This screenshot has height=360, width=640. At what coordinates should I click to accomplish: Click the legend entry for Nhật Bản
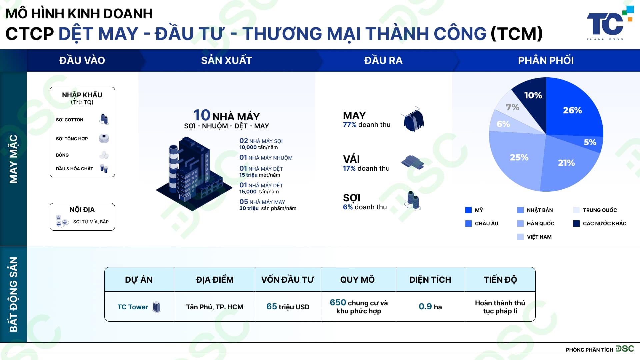(535, 210)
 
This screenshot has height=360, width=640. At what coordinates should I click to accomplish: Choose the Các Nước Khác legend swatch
(576, 223)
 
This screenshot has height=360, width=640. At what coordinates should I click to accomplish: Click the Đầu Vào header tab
(82, 60)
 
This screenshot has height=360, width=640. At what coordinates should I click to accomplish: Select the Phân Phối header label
(546, 60)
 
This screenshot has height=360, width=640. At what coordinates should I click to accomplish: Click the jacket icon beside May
(413, 119)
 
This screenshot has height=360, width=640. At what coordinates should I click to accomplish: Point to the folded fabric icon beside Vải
(413, 162)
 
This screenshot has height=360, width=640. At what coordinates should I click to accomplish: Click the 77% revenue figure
(350, 125)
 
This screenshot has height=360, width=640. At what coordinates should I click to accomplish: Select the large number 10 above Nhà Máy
(202, 115)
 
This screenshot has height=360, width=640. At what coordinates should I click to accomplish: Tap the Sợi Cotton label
(70, 120)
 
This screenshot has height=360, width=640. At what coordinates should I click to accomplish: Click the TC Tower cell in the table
(139, 307)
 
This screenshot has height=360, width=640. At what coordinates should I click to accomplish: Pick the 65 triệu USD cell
(288, 307)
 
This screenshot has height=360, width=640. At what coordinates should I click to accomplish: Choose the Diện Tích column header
(430, 280)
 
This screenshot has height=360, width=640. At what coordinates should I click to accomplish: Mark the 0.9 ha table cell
(430, 307)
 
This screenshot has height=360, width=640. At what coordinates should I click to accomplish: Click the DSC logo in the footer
(625, 349)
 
